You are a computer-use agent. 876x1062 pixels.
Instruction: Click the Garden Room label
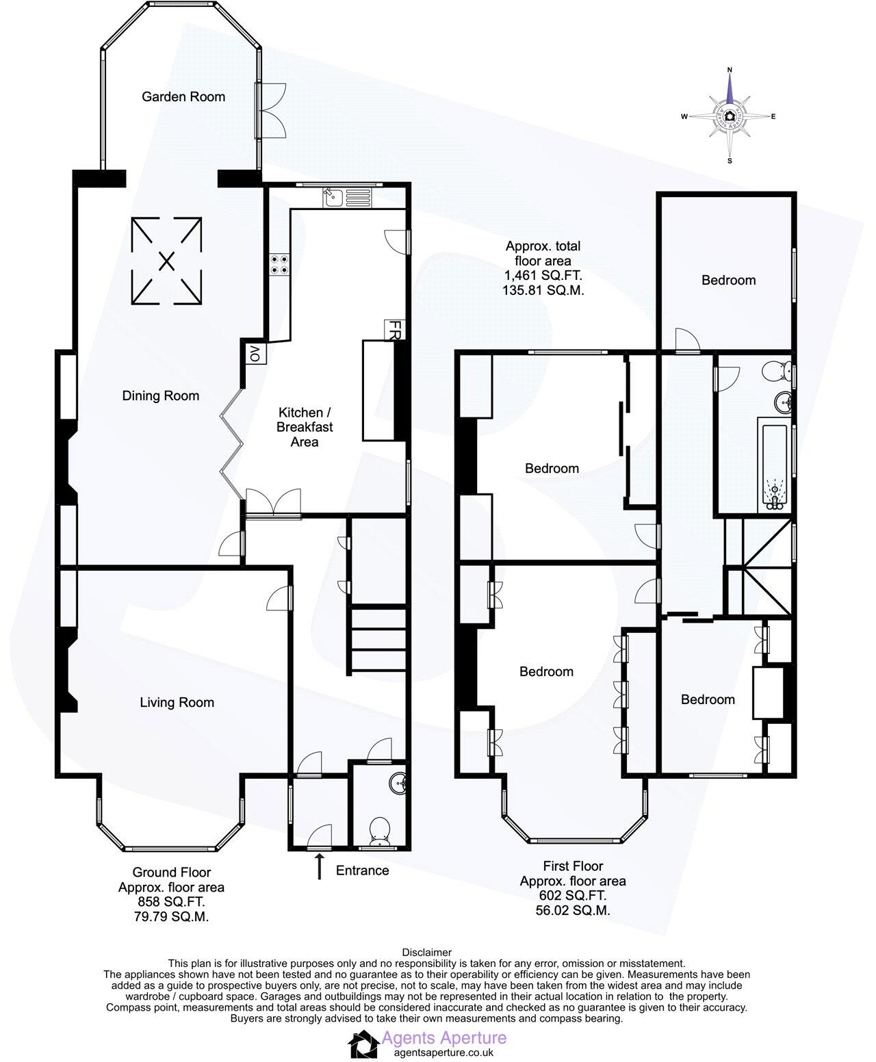click(x=183, y=96)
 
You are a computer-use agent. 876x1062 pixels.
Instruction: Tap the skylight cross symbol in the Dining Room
click(x=166, y=261)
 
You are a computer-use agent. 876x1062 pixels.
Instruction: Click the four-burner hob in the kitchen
click(x=279, y=264)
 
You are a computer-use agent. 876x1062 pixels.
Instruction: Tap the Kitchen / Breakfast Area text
click(x=305, y=427)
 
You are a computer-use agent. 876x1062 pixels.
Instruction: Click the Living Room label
click(x=177, y=702)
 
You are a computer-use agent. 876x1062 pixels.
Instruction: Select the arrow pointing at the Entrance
click(x=319, y=867)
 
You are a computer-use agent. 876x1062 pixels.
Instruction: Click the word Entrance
click(x=362, y=870)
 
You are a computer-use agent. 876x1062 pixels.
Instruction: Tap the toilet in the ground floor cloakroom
click(x=378, y=831)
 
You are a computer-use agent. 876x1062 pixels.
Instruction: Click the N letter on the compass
click(x=730, y=69)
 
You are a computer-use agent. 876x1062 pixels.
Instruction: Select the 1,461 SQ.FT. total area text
click(x=543, y=276)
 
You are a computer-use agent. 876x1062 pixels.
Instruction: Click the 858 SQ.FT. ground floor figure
click(x=171, y=901)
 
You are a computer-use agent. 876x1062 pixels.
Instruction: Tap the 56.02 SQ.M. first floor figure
click(x=573, y=910)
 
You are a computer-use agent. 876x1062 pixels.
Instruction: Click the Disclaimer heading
click(x=426, y=952)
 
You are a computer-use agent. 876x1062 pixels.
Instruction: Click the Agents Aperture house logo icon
click(x=363, y=1046)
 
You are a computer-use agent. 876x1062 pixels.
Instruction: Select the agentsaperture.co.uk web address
click(x=437, y=1053)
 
